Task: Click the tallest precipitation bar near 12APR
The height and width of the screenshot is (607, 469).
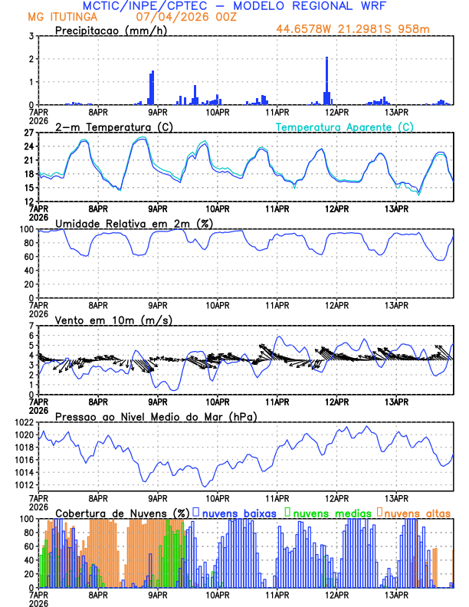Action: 326,80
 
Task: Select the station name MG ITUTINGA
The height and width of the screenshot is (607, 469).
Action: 58,17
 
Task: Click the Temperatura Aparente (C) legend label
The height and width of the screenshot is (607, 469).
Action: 345,126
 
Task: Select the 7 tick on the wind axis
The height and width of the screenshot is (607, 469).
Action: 31,326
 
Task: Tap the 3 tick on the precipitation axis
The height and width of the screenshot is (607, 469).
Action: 31,36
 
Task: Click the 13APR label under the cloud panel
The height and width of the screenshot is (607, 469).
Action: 395,594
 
